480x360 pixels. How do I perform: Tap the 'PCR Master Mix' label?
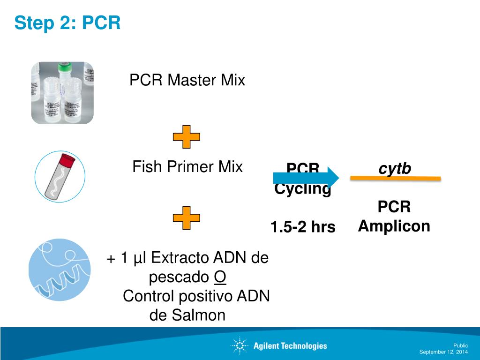coord(187,80)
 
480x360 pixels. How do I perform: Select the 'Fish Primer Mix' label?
coord(187,166)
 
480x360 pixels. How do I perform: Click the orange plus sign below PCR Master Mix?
coord(186,137)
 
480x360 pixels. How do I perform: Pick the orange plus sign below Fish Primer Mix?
coord(186,217)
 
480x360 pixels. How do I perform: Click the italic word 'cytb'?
coord(395,168)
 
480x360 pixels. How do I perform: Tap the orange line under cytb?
coord(396,178)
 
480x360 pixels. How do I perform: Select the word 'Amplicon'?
coord(394,226)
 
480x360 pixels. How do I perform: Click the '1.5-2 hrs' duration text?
coord(303,227)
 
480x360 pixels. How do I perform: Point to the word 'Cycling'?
coord(303,189)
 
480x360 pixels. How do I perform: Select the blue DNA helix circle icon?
coord(60,270)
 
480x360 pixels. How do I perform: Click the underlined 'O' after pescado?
coord(220,277)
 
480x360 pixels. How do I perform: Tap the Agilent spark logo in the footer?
coord(239,346)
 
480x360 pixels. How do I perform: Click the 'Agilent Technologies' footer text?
coord(290,346)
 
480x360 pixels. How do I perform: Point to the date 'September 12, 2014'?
coord(443,352)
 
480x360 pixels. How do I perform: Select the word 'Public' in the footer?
coord(460,345)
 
